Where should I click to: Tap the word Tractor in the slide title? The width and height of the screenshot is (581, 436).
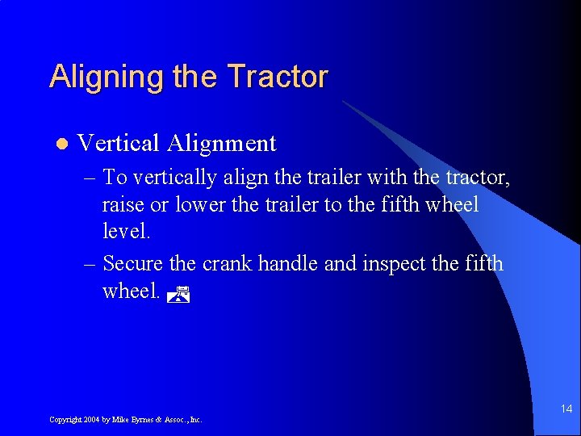(x=278, y=77)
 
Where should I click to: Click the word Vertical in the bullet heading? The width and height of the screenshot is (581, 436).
(x=118, y=144)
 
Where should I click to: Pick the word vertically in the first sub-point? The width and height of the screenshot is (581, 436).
(x=175, y=178)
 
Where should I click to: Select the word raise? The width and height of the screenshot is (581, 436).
(x=123, y=205)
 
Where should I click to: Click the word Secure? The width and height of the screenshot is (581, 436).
(x=132, y=264)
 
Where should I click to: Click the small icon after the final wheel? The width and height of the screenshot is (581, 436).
(x=178, y=295)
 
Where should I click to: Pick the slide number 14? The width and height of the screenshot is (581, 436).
(x=566, y=409)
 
